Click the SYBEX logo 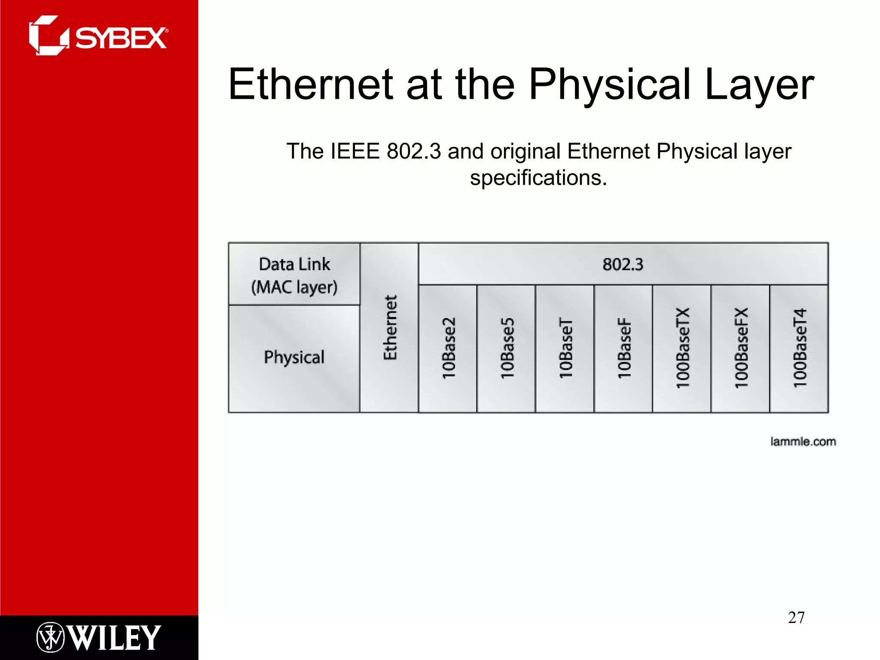pos(99,36)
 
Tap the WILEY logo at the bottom pos(99,637)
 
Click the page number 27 pos(796,617)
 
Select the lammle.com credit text pos(803,441)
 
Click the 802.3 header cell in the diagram pos(623,264)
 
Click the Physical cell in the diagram pos(294,357)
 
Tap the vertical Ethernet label pos(390,327)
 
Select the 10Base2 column pos(448,348)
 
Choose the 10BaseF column pos(624,348)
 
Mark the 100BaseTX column pos(682,348)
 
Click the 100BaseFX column pos(741,348)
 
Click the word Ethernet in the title pos(311,85)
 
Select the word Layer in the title pos(759,85)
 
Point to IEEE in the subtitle pos(355,151)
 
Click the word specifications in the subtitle pos(538,178)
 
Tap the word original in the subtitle pos(525,151)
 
